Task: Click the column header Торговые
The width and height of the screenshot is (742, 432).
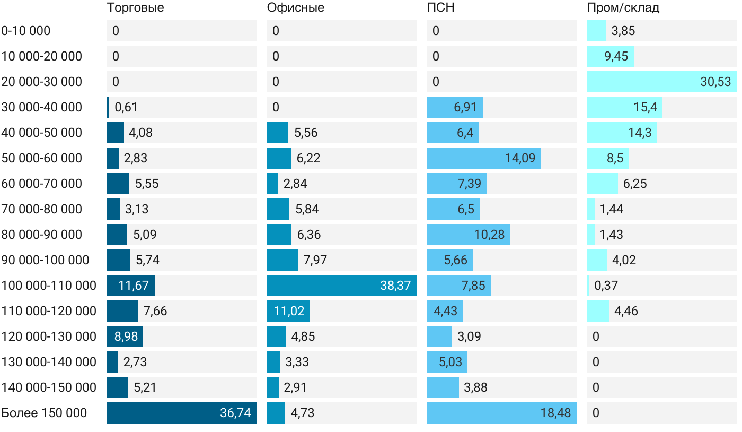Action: pos(135,8)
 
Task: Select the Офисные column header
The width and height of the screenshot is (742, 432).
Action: pos(296,8)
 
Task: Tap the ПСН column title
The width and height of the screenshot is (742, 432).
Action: pos(441,8)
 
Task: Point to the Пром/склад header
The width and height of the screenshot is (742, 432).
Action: pos(623,8)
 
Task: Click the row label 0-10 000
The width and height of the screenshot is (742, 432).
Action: pos(26,31)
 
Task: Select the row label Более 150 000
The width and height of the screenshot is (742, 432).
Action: pos(44,413)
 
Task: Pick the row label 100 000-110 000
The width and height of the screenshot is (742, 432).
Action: pos(49,286)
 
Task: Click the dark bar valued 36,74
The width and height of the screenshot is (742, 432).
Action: pos(181,413)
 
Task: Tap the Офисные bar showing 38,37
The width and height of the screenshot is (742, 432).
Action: pos(341,286)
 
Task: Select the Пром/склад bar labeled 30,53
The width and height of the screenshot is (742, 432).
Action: pos(661,82)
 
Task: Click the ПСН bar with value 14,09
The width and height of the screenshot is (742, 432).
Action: pos(483,158)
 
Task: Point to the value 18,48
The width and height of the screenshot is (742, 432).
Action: pos(555,413)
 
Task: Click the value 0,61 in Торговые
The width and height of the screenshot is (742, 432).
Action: pos(126,107)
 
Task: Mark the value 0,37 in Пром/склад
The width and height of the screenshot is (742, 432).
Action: pos(606,286)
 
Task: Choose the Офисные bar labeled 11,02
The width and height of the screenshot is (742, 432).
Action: pos(288,311)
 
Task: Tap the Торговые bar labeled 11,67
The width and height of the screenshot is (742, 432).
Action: pos(130,286)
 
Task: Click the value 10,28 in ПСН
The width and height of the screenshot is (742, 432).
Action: pos(489,235)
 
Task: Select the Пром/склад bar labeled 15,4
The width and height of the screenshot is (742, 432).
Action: pos(624,107)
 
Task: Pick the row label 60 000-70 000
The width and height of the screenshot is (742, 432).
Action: pos(42,184)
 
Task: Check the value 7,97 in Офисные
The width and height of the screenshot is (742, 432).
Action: pos(315,260)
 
